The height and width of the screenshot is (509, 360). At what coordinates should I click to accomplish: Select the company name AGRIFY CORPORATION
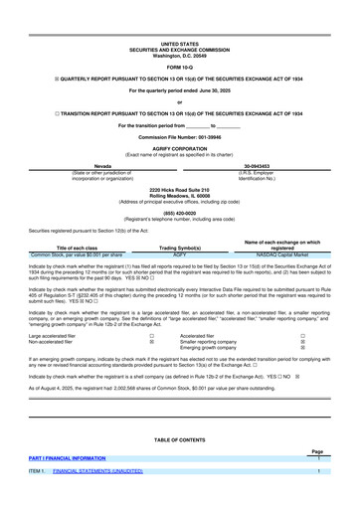tap(180, 146)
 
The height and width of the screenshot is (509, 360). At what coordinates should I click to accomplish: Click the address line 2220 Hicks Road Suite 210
tap(180, 189)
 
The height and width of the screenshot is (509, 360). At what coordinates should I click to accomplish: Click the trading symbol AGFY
tap(180, 254)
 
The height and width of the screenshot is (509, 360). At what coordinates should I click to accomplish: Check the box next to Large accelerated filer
tap(151, 336)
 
